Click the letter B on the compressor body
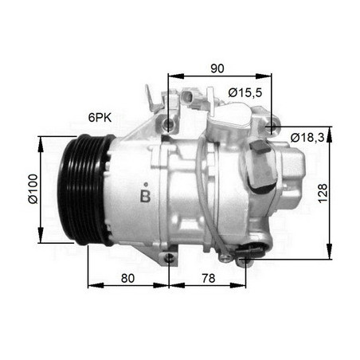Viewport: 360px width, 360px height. [145, 195]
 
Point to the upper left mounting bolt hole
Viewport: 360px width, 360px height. [168, 126]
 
